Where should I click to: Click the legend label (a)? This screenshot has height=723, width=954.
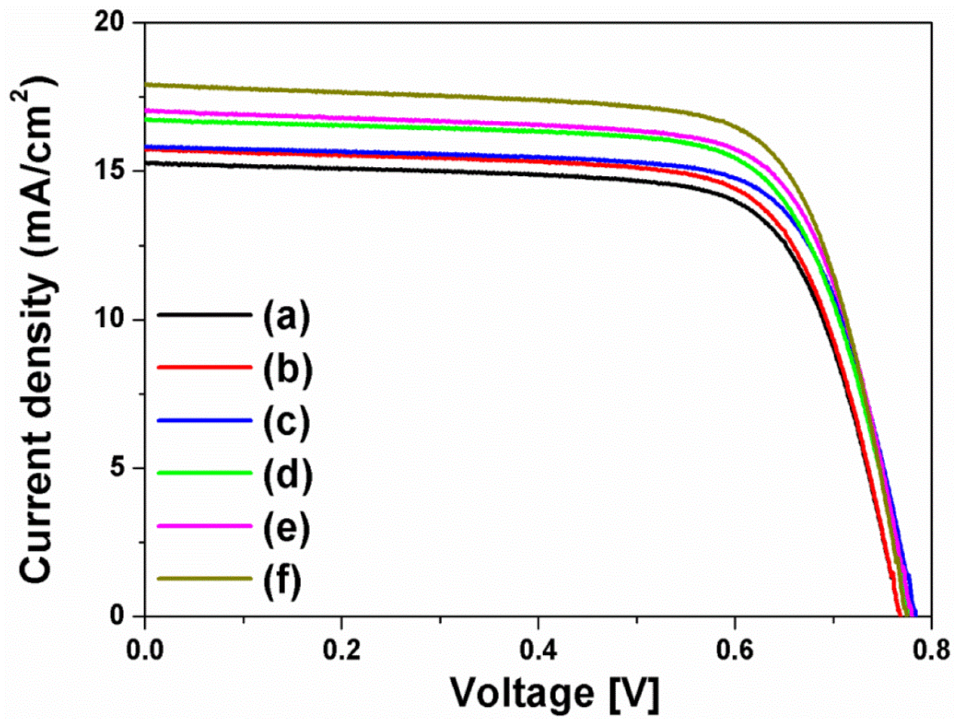287,316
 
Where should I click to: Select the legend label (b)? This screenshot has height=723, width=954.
288,369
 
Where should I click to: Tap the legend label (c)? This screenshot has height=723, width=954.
287,422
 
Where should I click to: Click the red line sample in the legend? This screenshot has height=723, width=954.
205,367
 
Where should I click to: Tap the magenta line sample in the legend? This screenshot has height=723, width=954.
205,526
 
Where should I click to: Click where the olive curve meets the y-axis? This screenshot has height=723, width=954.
146,84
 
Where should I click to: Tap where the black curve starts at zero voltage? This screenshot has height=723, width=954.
146,162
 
